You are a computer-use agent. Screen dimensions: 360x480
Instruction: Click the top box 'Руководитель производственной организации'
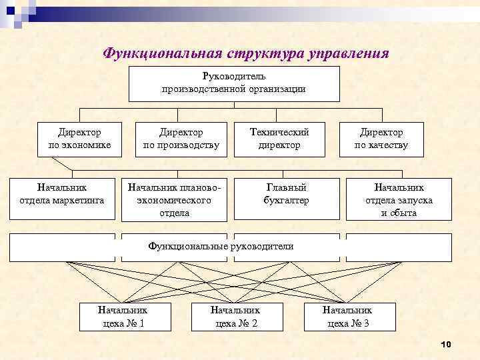tap(234, 83)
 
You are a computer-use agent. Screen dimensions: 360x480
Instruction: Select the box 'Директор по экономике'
tap(79, 139)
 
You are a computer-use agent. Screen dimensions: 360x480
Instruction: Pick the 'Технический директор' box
tap(279, 139)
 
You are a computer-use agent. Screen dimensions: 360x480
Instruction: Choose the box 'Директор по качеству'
tap(381, 139)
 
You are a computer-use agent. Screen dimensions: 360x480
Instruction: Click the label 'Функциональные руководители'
tap(221, 247)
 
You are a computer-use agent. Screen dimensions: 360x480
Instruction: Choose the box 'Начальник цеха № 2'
tap(235, 317)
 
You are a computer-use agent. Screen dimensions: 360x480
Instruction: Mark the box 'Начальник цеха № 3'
tap(349, 317)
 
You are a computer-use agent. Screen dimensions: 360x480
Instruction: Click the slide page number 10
tap(446, 344)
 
